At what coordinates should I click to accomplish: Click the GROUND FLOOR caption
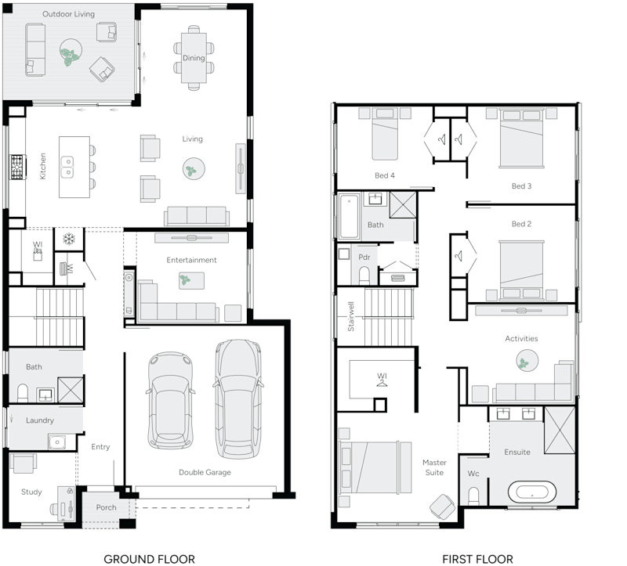tap(149, 558)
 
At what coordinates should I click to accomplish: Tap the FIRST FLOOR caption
tap(478, 559)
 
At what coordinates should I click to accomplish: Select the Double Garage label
tap(205, 472)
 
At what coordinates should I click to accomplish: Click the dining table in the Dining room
tap(194, 56)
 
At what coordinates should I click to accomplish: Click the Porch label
tap(106, 507)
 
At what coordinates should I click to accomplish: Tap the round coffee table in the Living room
tap(193, 168)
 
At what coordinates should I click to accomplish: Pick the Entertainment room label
tap(191, 260)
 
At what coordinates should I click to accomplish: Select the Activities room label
tap(521, 338)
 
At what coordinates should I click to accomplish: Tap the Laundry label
tap(39, 420)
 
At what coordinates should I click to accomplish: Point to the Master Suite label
tap(434, 467)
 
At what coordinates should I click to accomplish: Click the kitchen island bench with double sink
tap(74, 168)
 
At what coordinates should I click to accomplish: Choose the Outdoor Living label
tap(68, 14)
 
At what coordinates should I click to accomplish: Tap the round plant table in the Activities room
tap(527, 362)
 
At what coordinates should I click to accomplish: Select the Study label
tap(31, 492)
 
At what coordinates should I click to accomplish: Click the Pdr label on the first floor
tap(364, 257)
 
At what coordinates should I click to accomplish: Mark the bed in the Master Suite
tap(374, 467)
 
